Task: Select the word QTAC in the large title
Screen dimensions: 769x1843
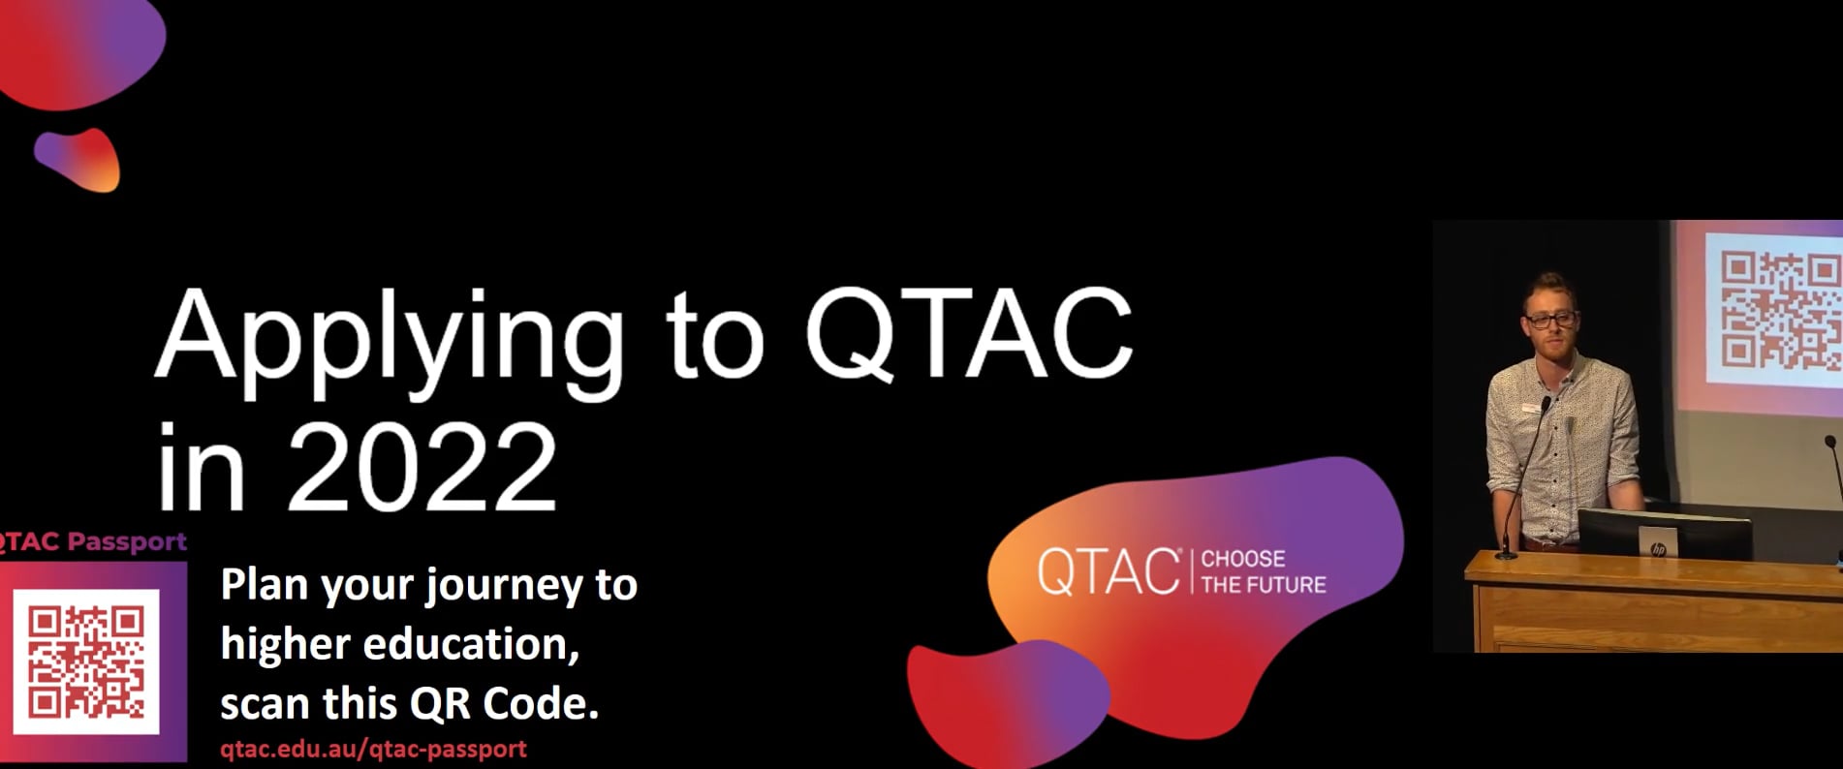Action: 968,334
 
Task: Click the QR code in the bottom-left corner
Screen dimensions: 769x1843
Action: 85,661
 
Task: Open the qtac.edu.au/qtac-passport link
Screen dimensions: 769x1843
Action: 373,749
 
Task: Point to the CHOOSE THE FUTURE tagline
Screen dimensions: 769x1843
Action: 1263,571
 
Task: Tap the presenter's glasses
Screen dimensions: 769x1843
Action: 1550,320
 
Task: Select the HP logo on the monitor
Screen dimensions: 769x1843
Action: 1658,549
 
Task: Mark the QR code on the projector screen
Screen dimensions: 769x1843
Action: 1779,310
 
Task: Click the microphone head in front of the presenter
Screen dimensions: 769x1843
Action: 1546,401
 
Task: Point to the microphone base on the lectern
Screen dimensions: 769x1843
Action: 1505,554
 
